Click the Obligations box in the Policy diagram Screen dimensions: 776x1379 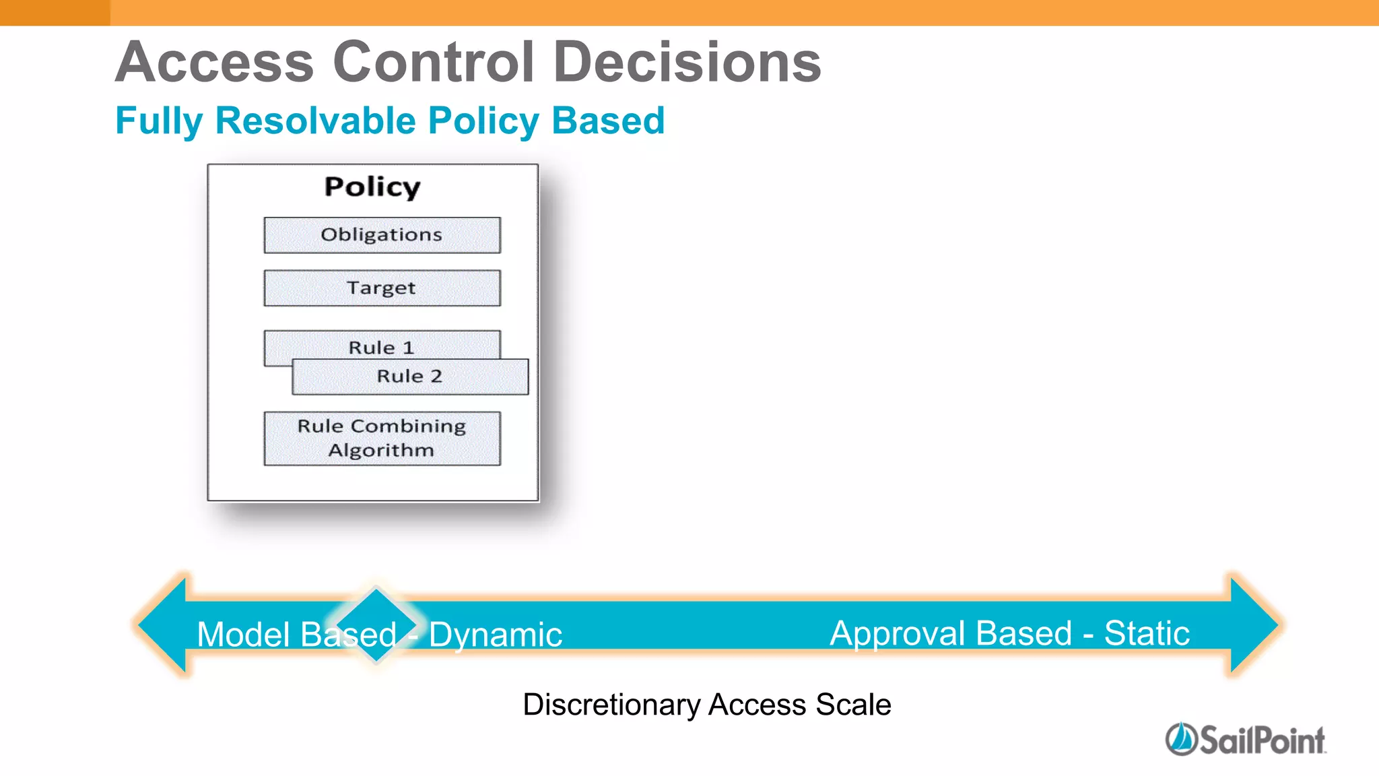382,235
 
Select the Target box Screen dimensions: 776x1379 382,288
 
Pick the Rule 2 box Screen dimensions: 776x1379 409,377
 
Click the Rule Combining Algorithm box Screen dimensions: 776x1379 382,439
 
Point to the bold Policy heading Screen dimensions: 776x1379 372,187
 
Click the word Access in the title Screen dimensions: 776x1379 215,62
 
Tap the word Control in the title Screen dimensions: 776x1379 434,62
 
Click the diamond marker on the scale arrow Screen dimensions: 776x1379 376,624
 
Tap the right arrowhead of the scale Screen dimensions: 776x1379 1253,624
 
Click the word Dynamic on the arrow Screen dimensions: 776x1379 496,635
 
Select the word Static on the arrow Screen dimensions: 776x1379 1147,633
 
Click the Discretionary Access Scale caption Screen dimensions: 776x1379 707,705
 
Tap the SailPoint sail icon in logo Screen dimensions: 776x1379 1180,739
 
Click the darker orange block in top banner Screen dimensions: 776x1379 55,12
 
